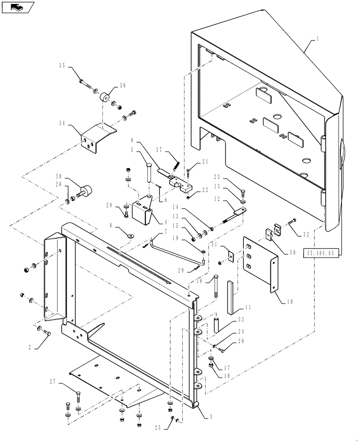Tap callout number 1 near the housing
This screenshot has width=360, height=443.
point(318,39)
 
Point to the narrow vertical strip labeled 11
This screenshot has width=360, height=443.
point(231,297)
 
